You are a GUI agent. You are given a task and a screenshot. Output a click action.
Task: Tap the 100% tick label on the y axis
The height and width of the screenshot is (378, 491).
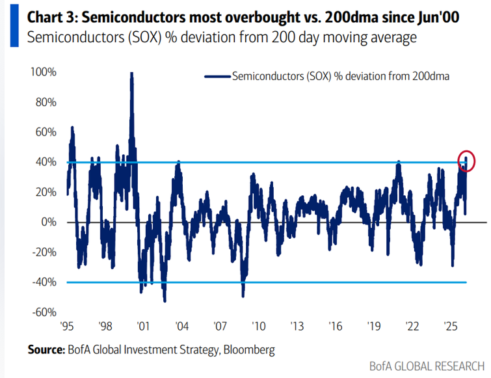click(42, 72)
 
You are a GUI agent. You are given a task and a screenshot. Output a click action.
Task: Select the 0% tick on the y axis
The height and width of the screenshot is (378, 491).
click(48, 222)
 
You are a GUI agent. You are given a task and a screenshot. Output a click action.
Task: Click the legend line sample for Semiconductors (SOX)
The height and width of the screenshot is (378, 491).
click(217, 76)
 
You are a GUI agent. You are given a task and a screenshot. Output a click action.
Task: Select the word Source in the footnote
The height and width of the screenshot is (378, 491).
click(46, 349)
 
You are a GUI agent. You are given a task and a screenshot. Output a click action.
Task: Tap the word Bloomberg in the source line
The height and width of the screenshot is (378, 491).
click(249, 349)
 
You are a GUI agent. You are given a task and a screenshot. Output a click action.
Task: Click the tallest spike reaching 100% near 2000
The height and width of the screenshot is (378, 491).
click(132, 75)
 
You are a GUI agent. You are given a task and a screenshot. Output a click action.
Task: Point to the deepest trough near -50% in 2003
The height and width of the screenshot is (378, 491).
click(165, 300)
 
